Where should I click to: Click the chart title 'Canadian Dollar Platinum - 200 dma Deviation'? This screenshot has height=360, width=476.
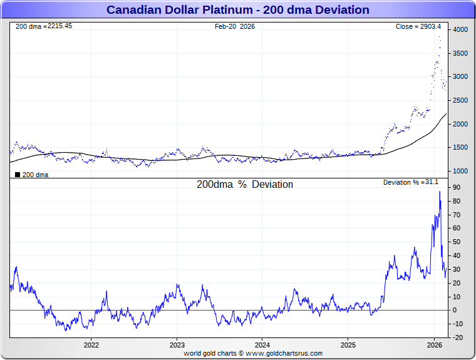[x=237, y=10]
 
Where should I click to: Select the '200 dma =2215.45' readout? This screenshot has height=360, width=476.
[x=43, y=26]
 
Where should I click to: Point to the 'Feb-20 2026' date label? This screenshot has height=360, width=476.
[x=234, y=26]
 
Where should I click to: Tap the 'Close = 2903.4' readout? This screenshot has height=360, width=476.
[x=418, y=26]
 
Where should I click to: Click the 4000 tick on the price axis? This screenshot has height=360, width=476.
[x=460, y=30]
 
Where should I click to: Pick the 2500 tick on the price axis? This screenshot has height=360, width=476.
[x=460, y=101]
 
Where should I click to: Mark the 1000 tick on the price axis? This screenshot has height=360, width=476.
[x=460, y=171]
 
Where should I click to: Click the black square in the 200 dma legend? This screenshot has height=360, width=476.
[x=18, y=175]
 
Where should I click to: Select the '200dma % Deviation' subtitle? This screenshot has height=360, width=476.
[x=244, y=185]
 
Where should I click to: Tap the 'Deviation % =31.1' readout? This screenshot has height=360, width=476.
[x=411, y=182]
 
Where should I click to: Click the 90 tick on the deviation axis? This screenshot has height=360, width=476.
[x=457, y=187]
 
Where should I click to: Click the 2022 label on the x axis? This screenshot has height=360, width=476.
[x=91, y=345]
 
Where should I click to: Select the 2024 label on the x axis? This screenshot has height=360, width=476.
[x=262, y=345]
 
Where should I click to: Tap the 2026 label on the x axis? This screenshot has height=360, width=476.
[x=434, y=345]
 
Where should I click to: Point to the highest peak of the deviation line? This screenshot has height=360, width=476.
[x=440, y=192]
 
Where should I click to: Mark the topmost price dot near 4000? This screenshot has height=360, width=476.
[x=439, y=37]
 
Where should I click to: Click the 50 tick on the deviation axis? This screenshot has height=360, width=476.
[x=457, y=242]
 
